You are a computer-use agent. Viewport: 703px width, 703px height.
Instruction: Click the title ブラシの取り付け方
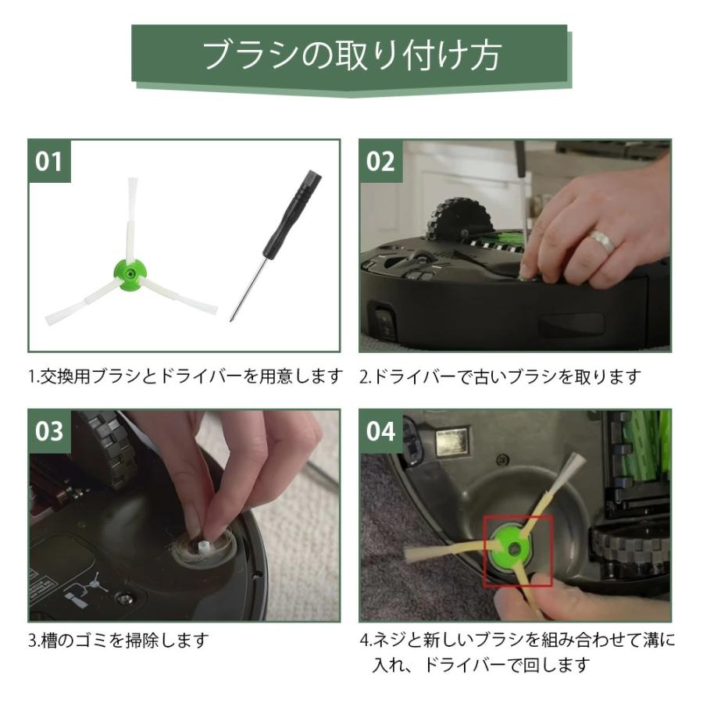351,55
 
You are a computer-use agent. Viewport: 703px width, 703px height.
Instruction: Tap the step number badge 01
48,161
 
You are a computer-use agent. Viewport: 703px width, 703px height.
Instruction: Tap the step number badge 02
380,161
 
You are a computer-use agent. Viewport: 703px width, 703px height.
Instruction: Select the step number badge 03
48,430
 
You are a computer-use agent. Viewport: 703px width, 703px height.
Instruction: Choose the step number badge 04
380,430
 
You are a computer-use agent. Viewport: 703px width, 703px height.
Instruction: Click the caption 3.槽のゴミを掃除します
120,641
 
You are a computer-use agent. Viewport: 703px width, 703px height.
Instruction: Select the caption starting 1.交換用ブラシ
185,376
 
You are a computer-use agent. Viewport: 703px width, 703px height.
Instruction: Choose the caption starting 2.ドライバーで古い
500,376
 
